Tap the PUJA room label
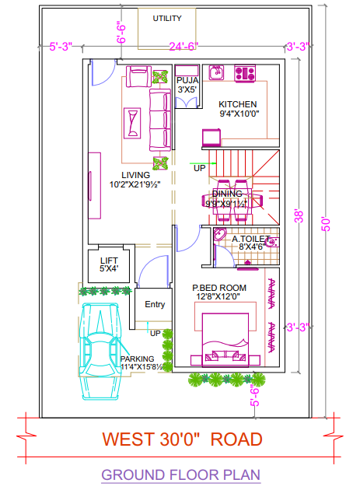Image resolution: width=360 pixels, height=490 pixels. [187, 80]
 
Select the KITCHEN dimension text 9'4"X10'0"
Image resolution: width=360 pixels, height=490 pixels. [239, 114]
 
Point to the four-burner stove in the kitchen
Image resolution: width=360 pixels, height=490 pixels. [245, 74]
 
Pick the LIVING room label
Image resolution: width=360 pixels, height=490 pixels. [135, 175]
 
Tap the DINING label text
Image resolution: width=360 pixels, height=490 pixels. [227, 194]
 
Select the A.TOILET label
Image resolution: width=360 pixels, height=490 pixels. [252, 239]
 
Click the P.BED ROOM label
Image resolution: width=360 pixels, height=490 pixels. [219, 288]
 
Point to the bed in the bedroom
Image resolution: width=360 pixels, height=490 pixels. [225, 338]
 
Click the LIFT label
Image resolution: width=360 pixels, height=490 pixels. [109, 261]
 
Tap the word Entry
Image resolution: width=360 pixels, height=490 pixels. [155, 304]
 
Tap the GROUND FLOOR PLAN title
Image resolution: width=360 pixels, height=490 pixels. [180, 474]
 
